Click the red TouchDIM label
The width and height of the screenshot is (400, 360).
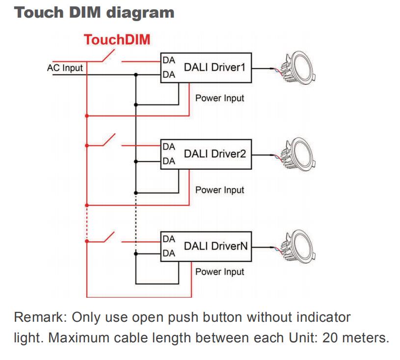click(117, 40)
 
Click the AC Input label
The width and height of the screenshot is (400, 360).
click(65, 68)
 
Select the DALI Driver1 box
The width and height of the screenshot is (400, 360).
click(206, 68)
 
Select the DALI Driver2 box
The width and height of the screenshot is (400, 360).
click(206, 154)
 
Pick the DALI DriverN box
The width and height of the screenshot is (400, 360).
click(206, 247)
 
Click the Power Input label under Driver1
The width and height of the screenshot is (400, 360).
click(219, 98)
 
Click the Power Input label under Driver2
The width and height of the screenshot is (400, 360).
click(219, 190)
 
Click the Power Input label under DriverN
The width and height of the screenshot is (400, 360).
click(219, 272)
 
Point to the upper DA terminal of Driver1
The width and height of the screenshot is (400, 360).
click(168, 60)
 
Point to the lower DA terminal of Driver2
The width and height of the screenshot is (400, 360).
click(168, 161)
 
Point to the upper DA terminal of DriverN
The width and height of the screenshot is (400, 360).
click(168, 239)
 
